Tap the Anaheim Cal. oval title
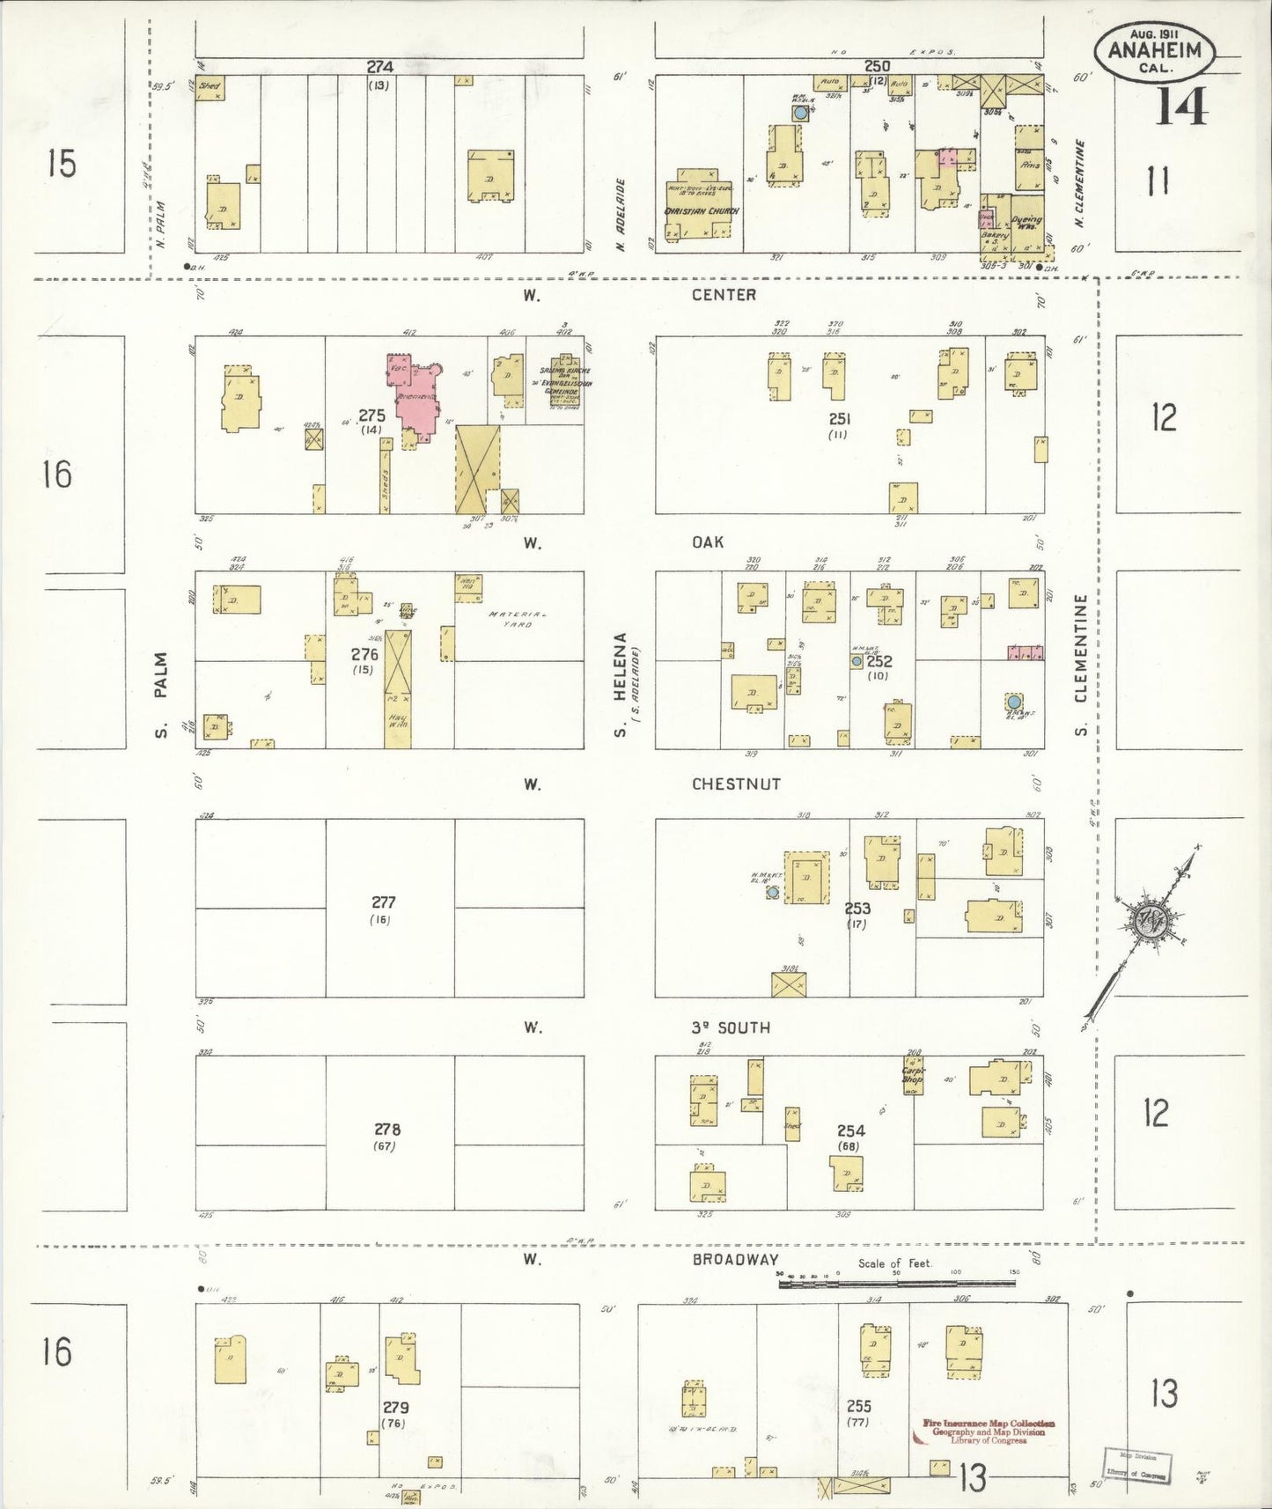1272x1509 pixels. pos(1154,51)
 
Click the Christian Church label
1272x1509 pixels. pos(702,211)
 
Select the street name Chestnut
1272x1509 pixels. pos(736,784)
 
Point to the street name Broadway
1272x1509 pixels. pos(735,1259)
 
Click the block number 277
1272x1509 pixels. pos(384,902)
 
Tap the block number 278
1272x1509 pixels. pos(386,1130)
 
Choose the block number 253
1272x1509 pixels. pos(857,909)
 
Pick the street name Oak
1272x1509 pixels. pos(708,542)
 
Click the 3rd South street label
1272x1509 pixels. pos(731,1027)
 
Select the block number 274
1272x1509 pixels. pos(380,67)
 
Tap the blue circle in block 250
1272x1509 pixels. pos(800,114)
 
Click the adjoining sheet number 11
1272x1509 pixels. pos(1158,181)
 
